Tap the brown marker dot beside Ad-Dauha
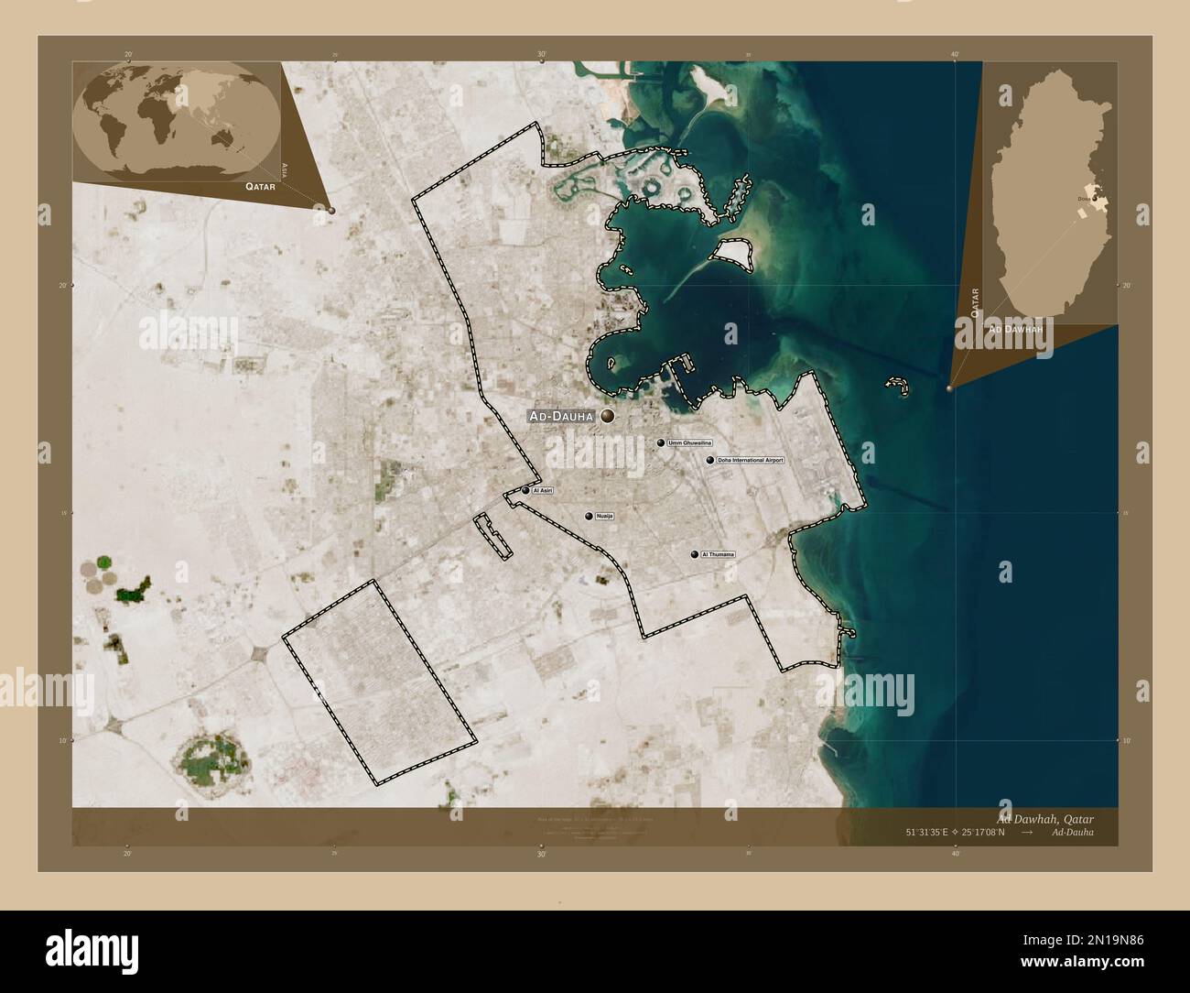click(x=606, y=417)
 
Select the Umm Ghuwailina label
click(x=690, y=442)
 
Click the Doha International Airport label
click(x=751, y=460)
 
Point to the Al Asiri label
click(x=543, y=491)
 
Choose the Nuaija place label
click(x=604, y=517)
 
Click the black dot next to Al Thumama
click(x=695, y=554)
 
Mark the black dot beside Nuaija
click(x=589, y=517)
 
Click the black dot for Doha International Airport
click(x=709, y=460)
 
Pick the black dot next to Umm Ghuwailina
click(x=661, y=442)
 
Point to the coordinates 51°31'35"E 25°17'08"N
click(x=956, y=833)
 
